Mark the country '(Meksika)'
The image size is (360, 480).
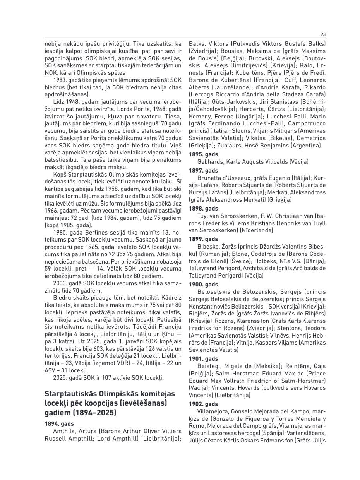[267, 366]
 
